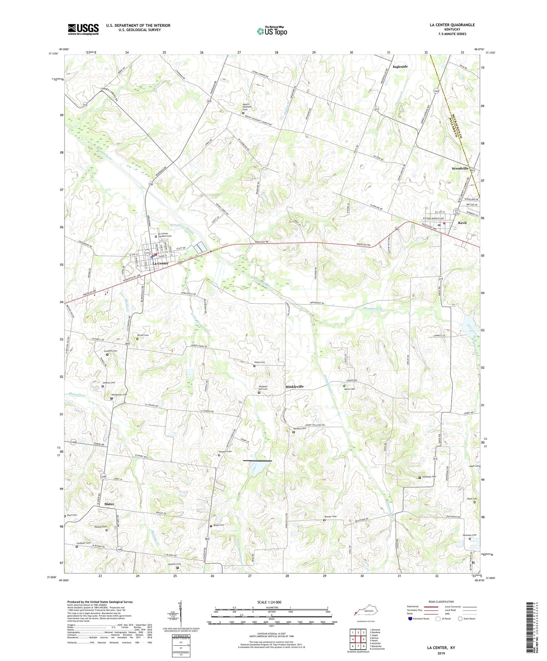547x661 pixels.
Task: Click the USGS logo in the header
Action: click(83, 29)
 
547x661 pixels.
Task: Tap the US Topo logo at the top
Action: click(272, 31)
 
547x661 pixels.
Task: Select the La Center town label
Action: click(160, 263)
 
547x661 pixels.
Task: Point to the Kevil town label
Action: click(462, 223)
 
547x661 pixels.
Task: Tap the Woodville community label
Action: click(460, 168)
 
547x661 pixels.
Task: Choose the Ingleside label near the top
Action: click(400, 67)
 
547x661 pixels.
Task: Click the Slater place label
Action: click(109, 504)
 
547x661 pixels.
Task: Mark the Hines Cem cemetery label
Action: click(259, 362)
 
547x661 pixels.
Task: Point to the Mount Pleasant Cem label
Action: click(248, 107)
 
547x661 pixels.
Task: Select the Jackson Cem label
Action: click(174, 564)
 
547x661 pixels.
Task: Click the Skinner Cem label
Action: click(330, 517)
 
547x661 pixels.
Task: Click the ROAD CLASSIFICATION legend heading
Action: click(441, 602)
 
